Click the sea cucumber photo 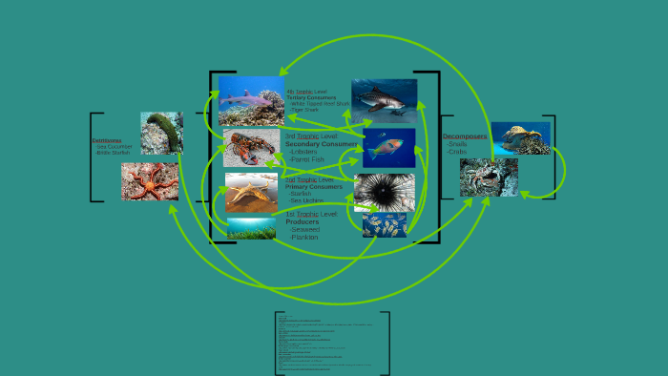point(161,133)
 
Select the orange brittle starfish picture point(150,181)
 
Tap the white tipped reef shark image point(250,100)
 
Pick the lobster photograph point(251,148)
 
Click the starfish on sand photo point(251,192)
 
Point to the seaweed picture point(251,228)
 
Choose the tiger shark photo point(384,100)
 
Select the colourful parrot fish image point(388,148)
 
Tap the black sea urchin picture point(384,191)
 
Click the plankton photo point(384,224)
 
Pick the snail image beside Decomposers point(520,138)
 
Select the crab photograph point(489,178)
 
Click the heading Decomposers point(465,136)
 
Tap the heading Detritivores point(107,140)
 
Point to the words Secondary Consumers point(321,143)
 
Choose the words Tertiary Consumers point(311,97)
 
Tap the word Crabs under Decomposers point(457,152)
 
